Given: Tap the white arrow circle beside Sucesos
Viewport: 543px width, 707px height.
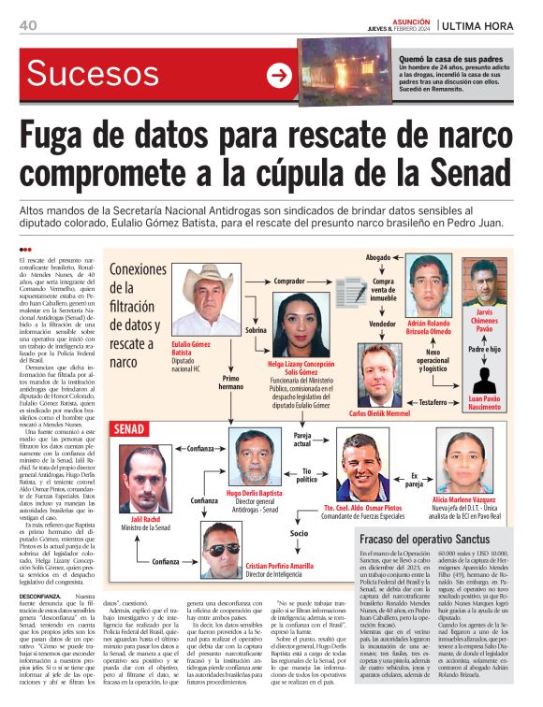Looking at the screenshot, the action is pos(279,75).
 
